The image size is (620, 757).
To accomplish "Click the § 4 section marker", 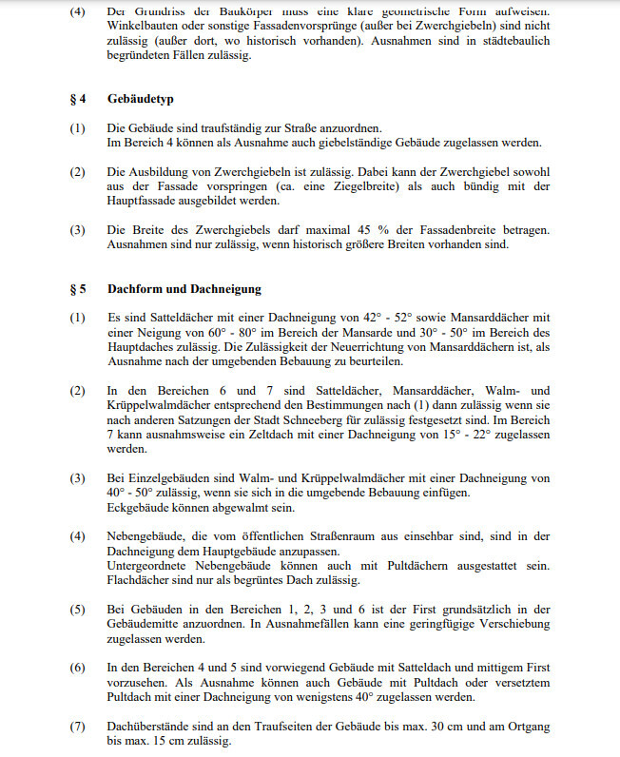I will click(x=77, y=99).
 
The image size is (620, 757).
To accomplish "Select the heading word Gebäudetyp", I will click(x=140, y=99).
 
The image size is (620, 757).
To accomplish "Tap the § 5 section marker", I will click(x=77, y=289).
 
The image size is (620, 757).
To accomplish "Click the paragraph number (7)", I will click(x=78, y=727).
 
